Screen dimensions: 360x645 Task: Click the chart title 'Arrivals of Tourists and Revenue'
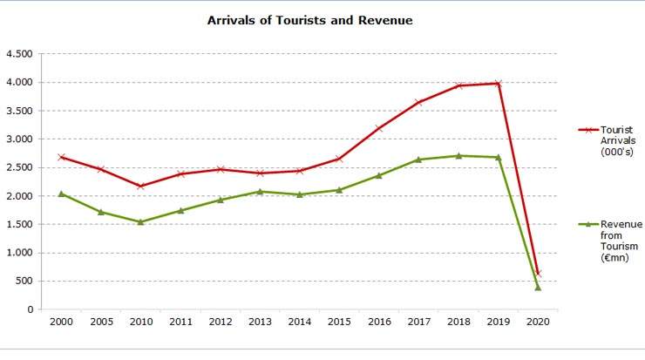click(x=309, y=19)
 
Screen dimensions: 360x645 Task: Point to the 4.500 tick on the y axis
click(x=19, y=54)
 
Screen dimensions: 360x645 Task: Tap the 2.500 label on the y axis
click(x=19, y=167)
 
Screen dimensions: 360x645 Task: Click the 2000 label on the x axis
click(x=60, y=323)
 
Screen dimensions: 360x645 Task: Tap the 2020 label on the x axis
click(x=538, y=323)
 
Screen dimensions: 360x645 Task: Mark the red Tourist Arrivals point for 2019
click(x=498, y=84)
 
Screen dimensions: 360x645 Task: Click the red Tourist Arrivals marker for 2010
click(x=140, y=186)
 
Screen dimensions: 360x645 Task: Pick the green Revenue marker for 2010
click(x=140, y=222)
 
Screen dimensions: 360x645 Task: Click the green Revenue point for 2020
click(x=538, y=287)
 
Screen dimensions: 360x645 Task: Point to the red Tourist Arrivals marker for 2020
click(x=538, y=273)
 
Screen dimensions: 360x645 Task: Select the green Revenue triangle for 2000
click(x=60, y=194)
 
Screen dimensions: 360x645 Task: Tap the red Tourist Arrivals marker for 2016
click(x=378, y=128)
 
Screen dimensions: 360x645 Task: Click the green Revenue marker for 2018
click(x=458, y=156)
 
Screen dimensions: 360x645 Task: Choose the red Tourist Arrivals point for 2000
click(x=60, y=157)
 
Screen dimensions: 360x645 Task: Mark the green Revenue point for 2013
click(x=259, y=192)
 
